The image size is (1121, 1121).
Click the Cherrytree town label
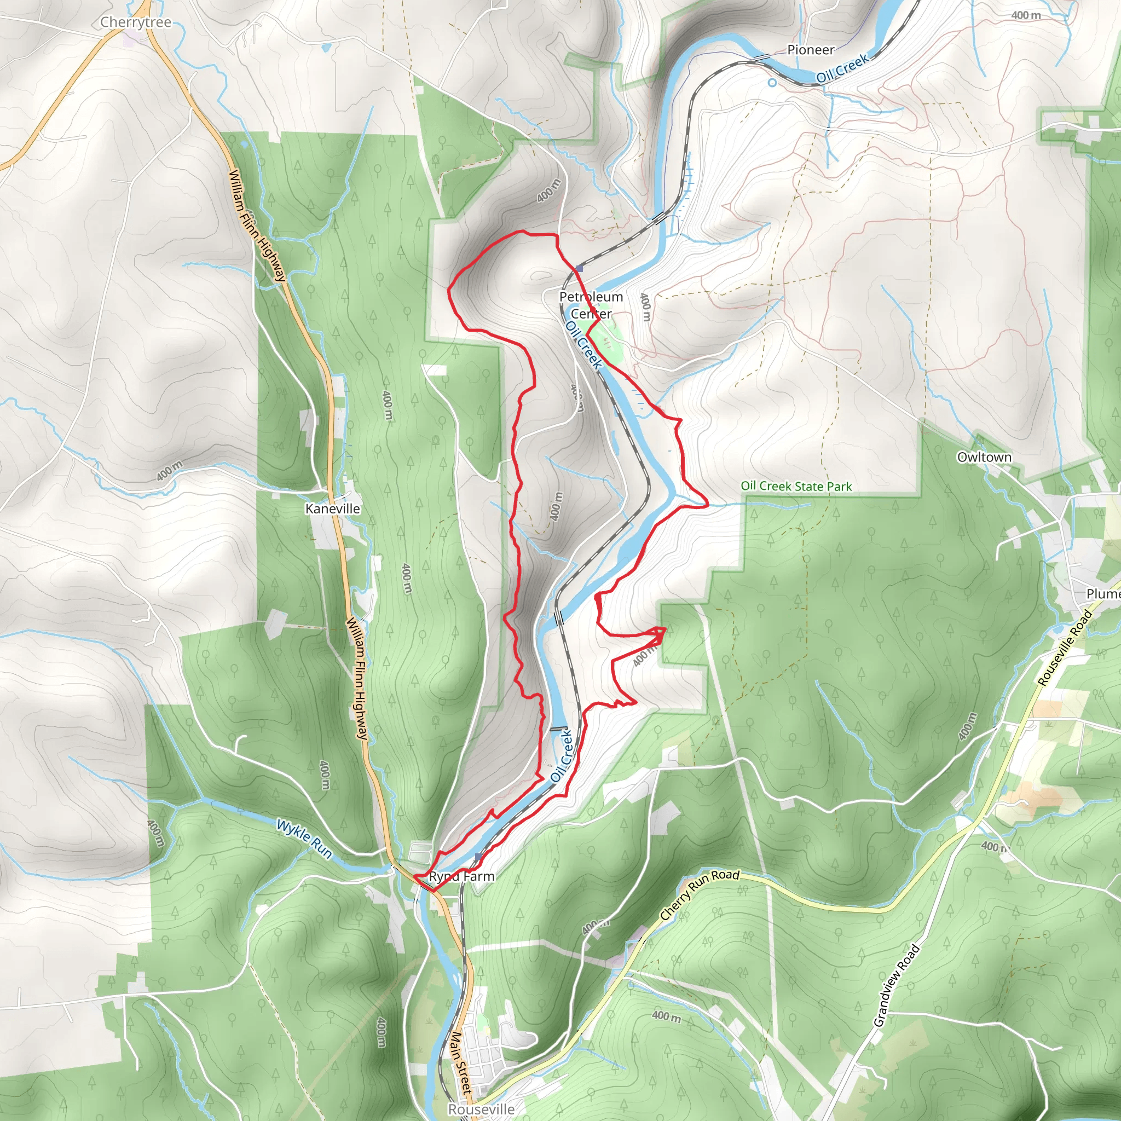tap(136, 22)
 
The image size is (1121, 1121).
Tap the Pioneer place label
tap(811, 50)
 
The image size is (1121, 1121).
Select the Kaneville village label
tap(332, 509)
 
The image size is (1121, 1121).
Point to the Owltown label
tap(984, 457)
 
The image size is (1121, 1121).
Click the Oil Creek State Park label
tap(796, 486)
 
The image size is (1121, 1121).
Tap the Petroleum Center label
tap(591, 305)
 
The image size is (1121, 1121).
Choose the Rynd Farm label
tap(462, 877)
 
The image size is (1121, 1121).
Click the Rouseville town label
tap(481, 1110)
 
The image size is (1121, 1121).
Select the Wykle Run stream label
tap(304, 839)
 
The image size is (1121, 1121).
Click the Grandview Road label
tap(897, 986)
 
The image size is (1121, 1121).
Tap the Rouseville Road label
tap(1064, 648)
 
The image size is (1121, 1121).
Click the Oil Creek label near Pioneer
tap(842, 68)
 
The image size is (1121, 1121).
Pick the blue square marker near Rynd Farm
tap(477, 857)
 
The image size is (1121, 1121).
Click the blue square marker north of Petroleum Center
tap(579, 268)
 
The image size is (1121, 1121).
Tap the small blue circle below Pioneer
tap(772, 83)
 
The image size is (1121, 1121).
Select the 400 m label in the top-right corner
tap(1026, 16)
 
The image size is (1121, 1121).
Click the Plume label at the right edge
tap(1103, 593)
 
